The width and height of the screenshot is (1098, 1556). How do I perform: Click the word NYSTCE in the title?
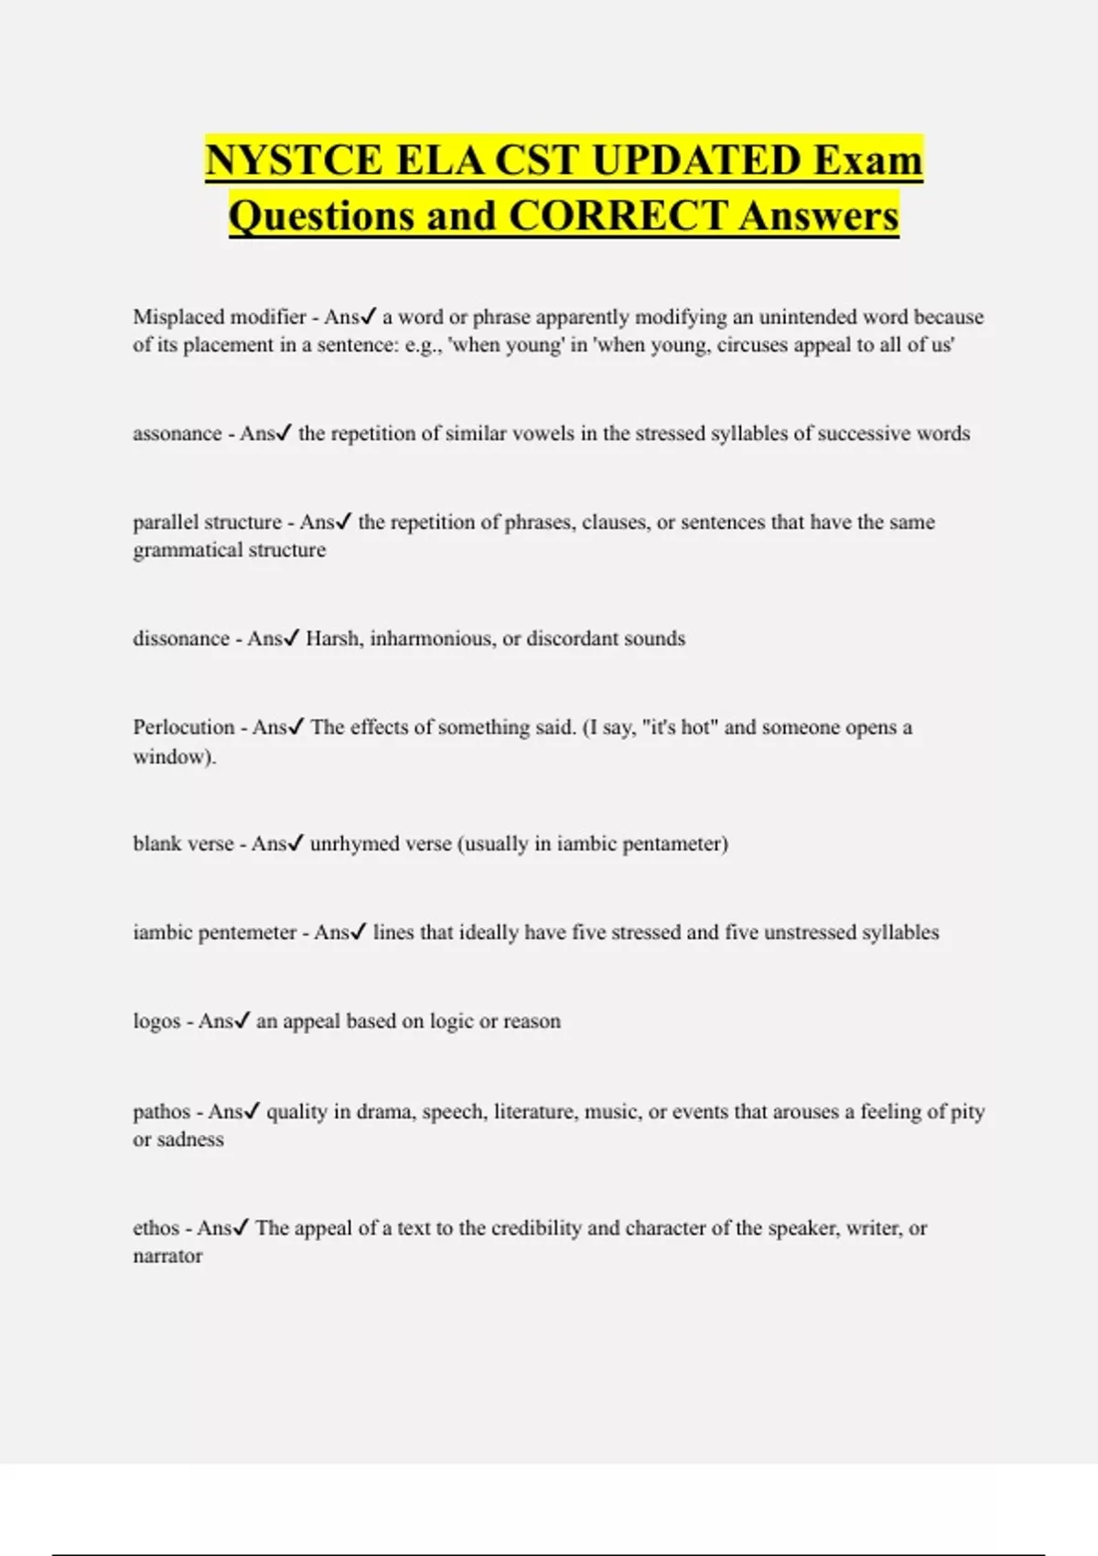click(294, 160)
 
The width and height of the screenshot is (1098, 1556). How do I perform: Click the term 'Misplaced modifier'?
click(220, 317)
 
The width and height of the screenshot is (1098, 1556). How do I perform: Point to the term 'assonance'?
click(178, 434)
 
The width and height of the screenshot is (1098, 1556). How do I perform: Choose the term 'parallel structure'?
click(208, 523)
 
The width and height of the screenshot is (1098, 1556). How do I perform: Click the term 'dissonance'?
click(181, 639)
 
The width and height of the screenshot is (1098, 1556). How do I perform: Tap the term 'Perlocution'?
click(184, 728)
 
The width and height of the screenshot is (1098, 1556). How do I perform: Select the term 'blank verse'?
click(183, 844)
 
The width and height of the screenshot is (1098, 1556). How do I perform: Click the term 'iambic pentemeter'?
click(215, 933)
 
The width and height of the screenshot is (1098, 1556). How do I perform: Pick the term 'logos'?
click(156, 1021)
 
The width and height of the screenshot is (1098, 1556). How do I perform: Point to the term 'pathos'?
click(162, 1112)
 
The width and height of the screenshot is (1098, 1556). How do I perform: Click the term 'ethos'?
click(156, 1228)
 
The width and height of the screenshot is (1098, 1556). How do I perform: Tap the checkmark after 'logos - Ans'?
click(242, 1020)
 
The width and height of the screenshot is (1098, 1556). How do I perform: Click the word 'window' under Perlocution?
click(171, 757)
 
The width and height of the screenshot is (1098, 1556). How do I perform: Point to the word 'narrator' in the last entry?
click(167, 1257)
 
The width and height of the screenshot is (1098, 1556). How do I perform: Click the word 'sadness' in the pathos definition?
click(190, 1140)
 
